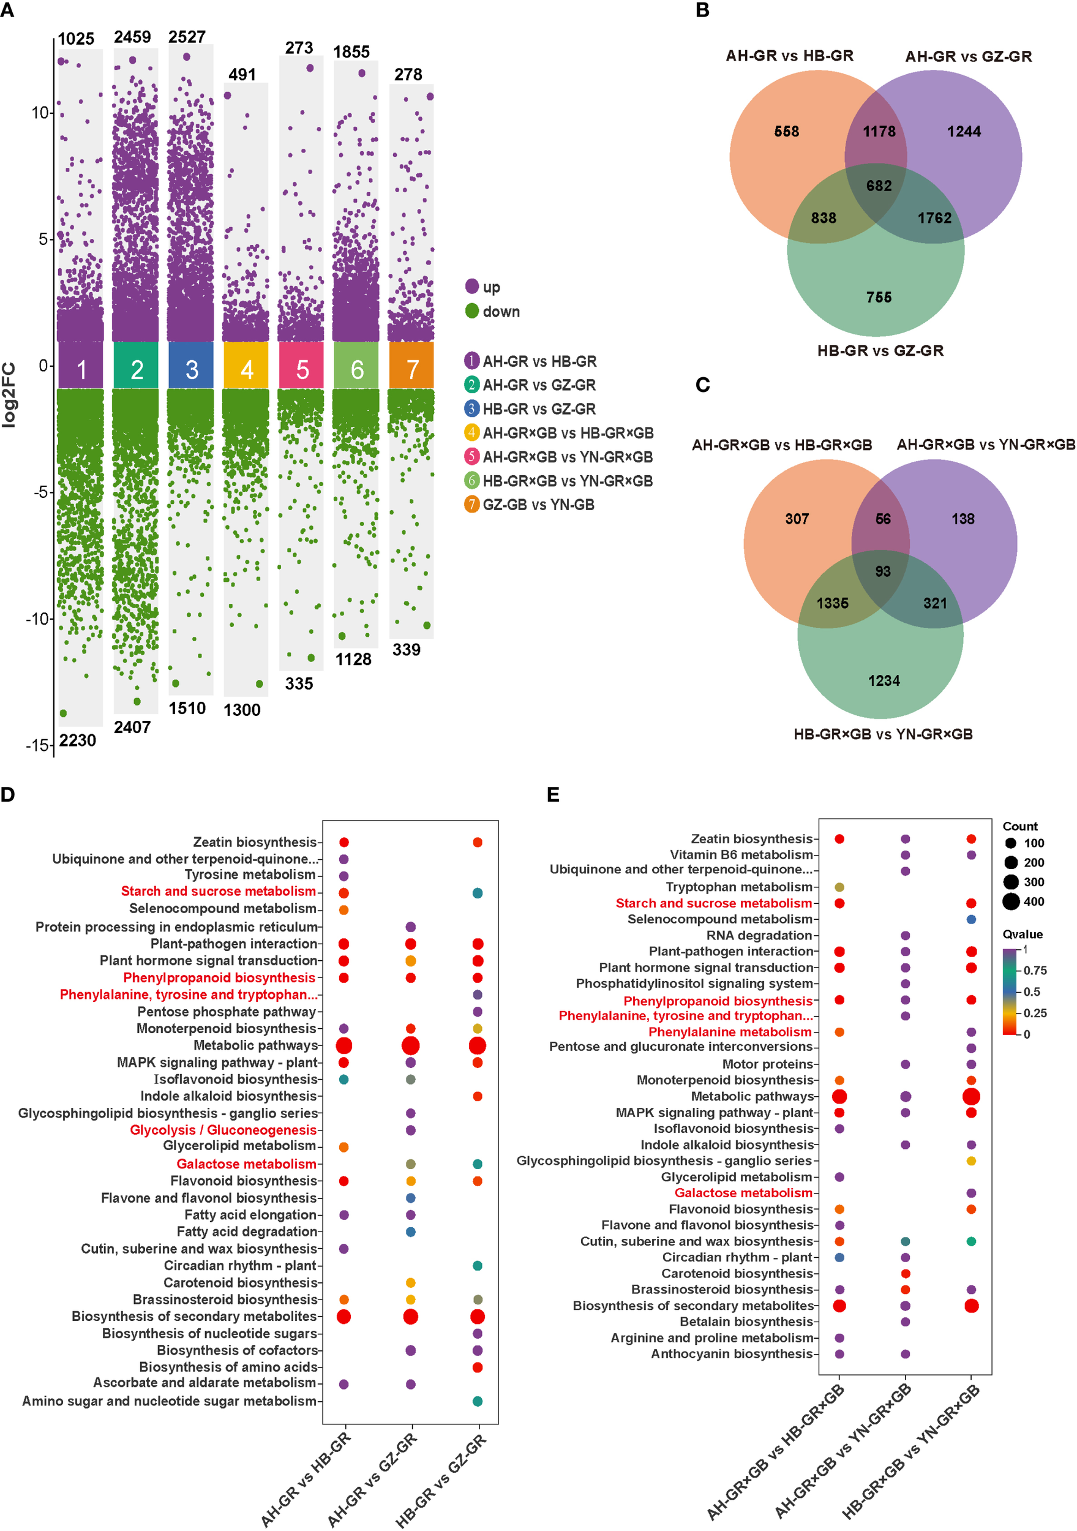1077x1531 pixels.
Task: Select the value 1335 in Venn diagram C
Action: pos(832,603)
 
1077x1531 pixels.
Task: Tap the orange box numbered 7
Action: pos(411,369)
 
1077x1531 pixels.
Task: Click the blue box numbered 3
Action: pos(192,369)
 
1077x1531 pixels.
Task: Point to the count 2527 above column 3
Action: pos(187,37)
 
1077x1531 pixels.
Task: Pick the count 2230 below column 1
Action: pos(77,740)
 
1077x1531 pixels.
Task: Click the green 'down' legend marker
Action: pos(472,310)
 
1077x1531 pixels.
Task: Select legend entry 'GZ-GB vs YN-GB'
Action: pos(538,505)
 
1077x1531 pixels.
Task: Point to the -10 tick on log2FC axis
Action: pos(37,618)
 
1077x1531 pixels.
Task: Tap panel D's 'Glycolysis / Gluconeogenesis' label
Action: pos(223,1130)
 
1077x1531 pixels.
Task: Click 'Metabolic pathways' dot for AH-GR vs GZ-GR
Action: pos(411,1045)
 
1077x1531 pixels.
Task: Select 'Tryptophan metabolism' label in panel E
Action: pos(739,887)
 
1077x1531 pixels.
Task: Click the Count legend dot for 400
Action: pos(1011,901)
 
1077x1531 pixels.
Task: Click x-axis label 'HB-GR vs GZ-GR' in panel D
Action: pos(441,1480)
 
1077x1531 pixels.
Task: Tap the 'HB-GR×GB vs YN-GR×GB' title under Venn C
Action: pos(883,734)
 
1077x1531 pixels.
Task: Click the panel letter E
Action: pos(553,794)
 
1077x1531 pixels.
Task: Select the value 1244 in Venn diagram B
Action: pos(964,132)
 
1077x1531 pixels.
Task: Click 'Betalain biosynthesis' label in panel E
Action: pos(746,1322)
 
